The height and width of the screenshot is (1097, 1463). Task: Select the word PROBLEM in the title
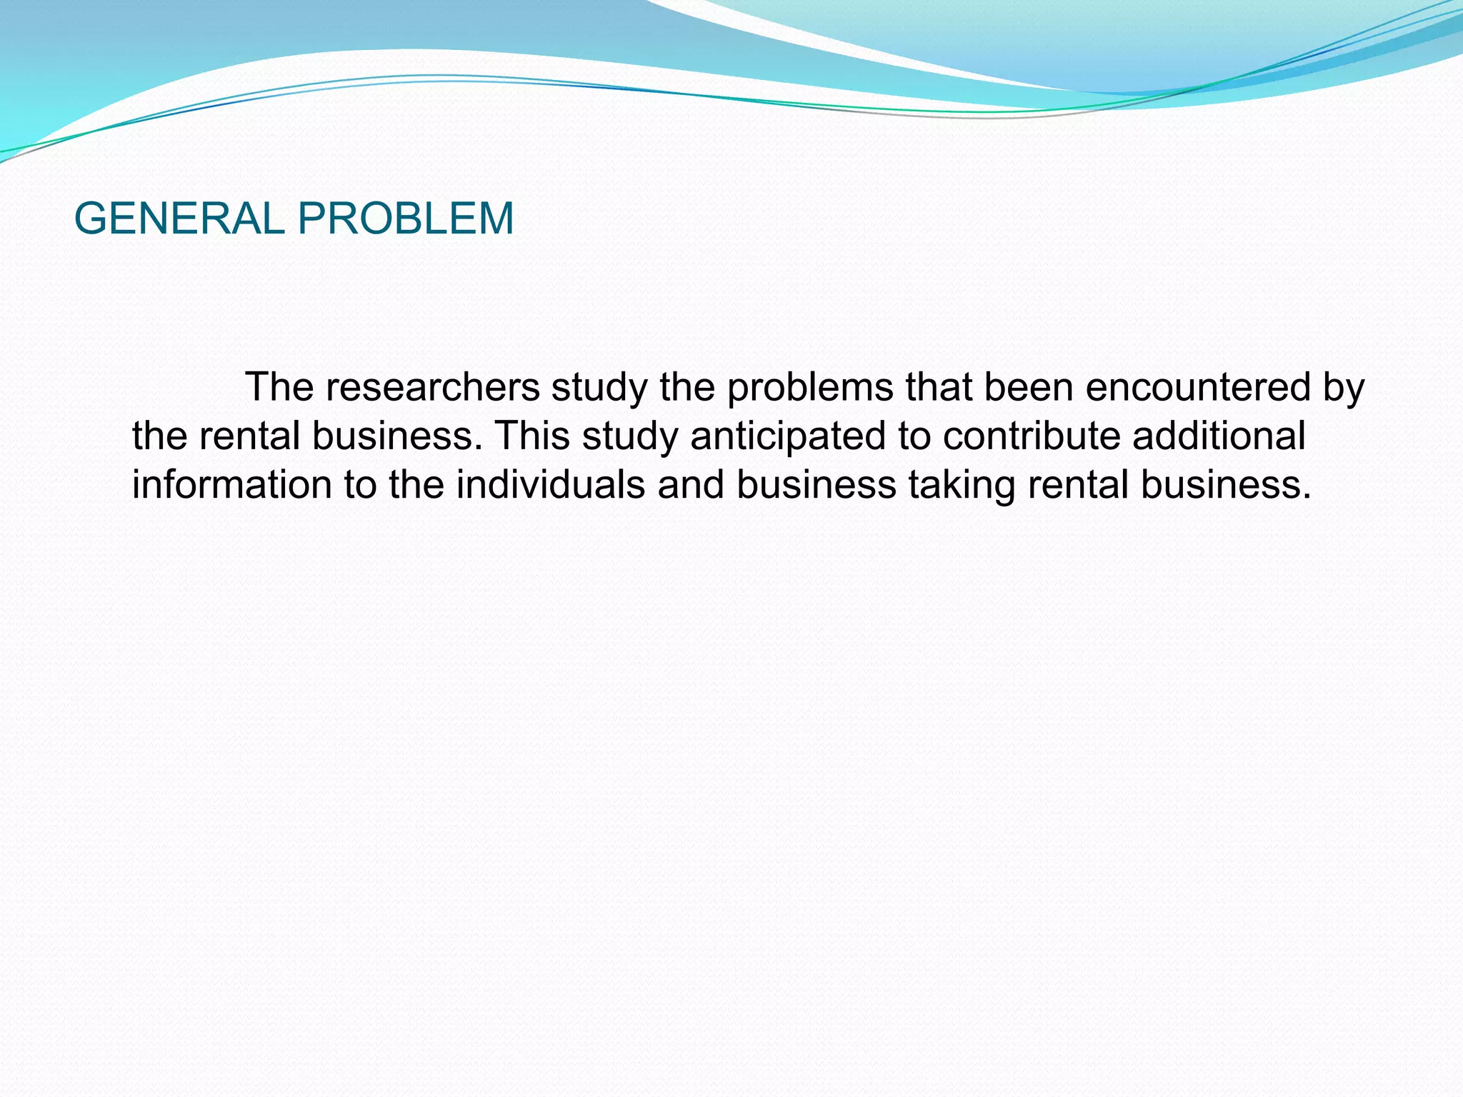coord(405,218)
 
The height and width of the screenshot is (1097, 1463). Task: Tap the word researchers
coord(433,388)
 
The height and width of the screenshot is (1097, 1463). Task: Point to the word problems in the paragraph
coord(810,388)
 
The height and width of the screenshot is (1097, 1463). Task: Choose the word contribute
coord(1032,436)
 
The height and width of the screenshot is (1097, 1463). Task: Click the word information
coord(232,485)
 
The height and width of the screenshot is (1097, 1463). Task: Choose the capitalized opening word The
coord(279,388)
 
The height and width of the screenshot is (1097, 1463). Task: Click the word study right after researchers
coord(599,388)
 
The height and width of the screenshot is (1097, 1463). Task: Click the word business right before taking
coord(816,485)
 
